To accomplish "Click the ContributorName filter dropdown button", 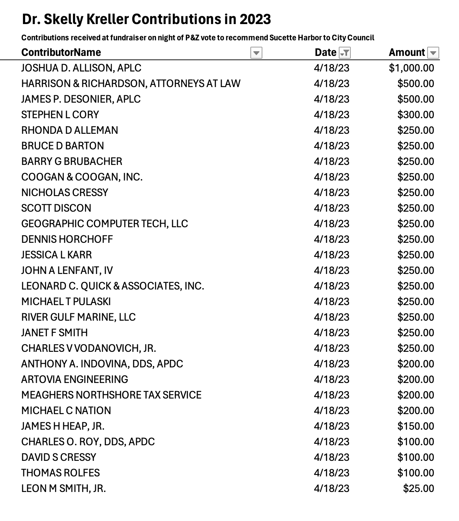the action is click(256, 53).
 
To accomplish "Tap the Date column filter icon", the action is click(344, 53).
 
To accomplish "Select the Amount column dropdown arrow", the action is click(433, 53).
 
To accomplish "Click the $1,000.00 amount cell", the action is click(411, 68).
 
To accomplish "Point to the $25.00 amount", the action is click(418, 488).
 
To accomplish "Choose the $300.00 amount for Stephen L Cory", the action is click(416, 115).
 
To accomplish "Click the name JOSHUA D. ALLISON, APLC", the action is click(81, 68).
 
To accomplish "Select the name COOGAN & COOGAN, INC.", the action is click(82, 177).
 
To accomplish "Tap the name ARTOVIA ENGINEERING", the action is click(75, 379).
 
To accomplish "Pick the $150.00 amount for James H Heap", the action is click(416, 426).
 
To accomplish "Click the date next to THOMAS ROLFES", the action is click(331, 473).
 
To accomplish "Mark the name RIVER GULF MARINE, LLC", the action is click(78, 317).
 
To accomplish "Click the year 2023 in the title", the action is click(255, 19).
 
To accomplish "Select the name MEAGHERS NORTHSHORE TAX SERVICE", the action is click(111, 395).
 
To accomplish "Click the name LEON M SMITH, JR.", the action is click(63, 488).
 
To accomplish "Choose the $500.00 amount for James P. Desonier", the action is click(416, 99).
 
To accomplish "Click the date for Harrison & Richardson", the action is click(331, 84).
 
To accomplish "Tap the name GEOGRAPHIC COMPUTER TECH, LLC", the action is click(104, 224).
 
